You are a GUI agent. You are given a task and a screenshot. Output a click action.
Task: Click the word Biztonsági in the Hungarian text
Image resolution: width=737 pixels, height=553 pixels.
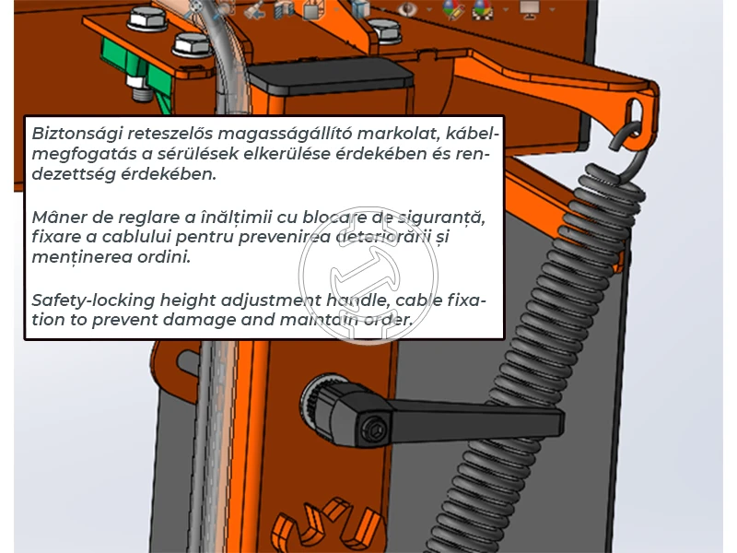point(76,134)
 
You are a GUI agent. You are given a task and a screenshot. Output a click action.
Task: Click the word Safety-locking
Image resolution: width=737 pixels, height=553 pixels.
point(93,300)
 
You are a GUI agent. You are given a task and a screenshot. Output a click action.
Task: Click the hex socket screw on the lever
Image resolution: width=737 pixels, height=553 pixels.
point(374,429)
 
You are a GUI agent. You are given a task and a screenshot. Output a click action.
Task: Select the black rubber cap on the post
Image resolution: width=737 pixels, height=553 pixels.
point(330,76)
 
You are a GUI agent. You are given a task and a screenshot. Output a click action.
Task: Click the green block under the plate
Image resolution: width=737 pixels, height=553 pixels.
point(136,72)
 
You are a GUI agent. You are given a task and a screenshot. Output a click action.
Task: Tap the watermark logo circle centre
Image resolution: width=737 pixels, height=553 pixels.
point(368,275)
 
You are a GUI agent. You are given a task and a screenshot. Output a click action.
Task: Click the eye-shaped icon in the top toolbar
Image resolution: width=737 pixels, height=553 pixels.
point(407,8)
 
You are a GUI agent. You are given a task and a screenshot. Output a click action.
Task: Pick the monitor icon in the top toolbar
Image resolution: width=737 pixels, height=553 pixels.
point(530,9)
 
